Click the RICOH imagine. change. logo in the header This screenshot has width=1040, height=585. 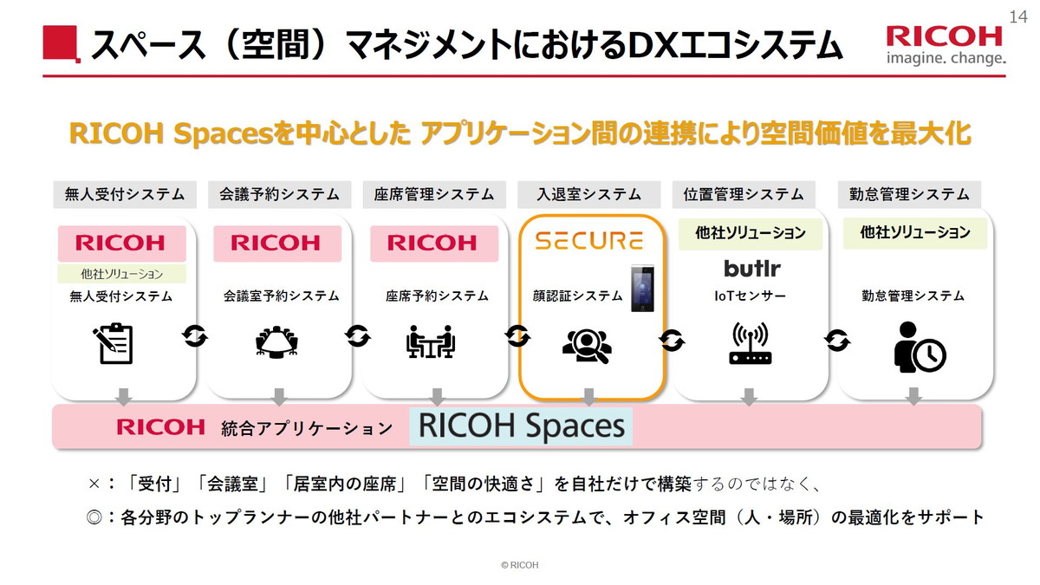tap(945, 45)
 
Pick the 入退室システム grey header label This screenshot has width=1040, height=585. tap(588, 194)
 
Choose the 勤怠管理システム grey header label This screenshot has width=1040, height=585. tap(909, 194)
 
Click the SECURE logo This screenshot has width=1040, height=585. tap(588, 240)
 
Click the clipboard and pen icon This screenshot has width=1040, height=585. tap(114, 341)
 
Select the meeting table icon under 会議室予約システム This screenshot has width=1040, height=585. tap(278, 341)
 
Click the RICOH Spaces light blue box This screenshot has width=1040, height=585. tap(521, 426)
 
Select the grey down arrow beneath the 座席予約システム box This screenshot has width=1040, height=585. tap(437, 396)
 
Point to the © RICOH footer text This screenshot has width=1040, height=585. tap(520, 565)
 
